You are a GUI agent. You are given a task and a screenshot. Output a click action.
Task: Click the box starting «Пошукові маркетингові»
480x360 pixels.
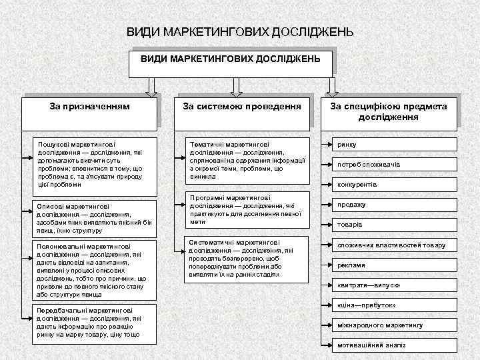(93, 164)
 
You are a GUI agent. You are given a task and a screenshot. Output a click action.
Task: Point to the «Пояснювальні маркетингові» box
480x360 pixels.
(93, 270)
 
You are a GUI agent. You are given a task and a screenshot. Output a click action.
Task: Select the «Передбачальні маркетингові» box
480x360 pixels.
(93, 323)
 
